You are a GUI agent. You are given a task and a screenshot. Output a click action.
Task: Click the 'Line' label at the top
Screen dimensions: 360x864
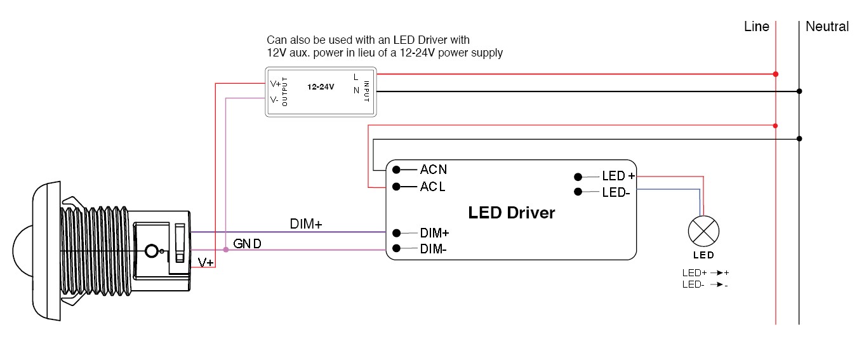pyautogui.click(x=757, y=27)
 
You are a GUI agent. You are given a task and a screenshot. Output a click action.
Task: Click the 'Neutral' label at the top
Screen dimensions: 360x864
pyautogui.click(x=827, y=27)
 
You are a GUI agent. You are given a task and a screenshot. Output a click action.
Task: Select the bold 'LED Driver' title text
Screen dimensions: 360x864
pyautogui.click(x=511, y=213)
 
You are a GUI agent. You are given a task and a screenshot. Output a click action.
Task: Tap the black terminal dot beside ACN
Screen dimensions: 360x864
pyautogui.click(x=396, y=170)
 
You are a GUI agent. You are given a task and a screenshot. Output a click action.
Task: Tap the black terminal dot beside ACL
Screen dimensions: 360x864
pyautogui.click(x=396, y=187)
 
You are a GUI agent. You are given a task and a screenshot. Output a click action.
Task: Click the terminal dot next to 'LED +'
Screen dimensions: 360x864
pyautogui.click(x=578, y=177)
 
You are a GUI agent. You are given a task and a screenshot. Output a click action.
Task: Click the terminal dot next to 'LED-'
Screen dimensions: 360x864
pyautogui.click(x=578, y=192)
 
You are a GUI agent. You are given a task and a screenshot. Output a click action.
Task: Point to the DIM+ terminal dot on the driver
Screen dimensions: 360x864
pyautogui.click(x=396, y=232)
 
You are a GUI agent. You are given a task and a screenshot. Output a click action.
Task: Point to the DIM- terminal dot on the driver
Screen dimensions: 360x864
pyautogui.click(x=396, y=249)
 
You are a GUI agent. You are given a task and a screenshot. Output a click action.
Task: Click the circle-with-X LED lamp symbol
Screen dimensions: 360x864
pyautogui.click(x=703, y=232)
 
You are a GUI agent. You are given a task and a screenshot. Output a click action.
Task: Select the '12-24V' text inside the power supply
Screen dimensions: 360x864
pyautogui.click(x=321, y=86)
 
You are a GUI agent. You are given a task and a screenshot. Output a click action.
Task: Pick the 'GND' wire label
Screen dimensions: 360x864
pyautogui.click(x=247, y=244)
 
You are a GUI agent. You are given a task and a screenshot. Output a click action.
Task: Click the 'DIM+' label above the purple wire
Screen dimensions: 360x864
pyautogui.click(x=306, y=223)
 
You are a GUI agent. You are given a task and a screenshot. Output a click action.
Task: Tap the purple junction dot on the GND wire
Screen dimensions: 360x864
pyautogui.click(x=226, y=250)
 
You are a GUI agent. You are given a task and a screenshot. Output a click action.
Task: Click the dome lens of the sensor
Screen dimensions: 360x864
pyautogui.click(x=22, y=251)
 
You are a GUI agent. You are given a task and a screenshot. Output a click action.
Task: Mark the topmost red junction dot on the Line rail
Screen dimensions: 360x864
pyautogui.click(x=776, y=74)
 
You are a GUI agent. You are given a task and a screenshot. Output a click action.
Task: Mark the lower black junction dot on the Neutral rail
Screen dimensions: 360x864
pyautogui.click(x=799, y=138)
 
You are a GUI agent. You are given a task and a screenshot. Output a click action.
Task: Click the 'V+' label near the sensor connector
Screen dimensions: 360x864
pyautogui.click(x=206, y=262)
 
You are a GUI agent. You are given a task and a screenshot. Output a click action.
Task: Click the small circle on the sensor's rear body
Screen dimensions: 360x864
pyautogui.click(x=151, y=251)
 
